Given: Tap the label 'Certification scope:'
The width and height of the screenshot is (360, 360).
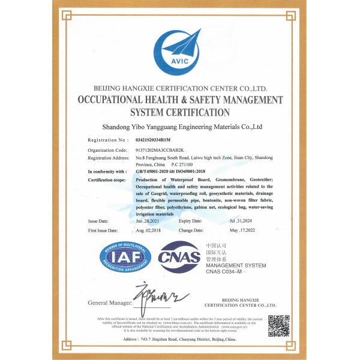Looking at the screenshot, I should pos(106,179).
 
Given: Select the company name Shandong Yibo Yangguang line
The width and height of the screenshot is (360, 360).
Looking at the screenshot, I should pos(182,127).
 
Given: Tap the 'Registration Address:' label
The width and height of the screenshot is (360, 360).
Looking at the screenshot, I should pos(109,157).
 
